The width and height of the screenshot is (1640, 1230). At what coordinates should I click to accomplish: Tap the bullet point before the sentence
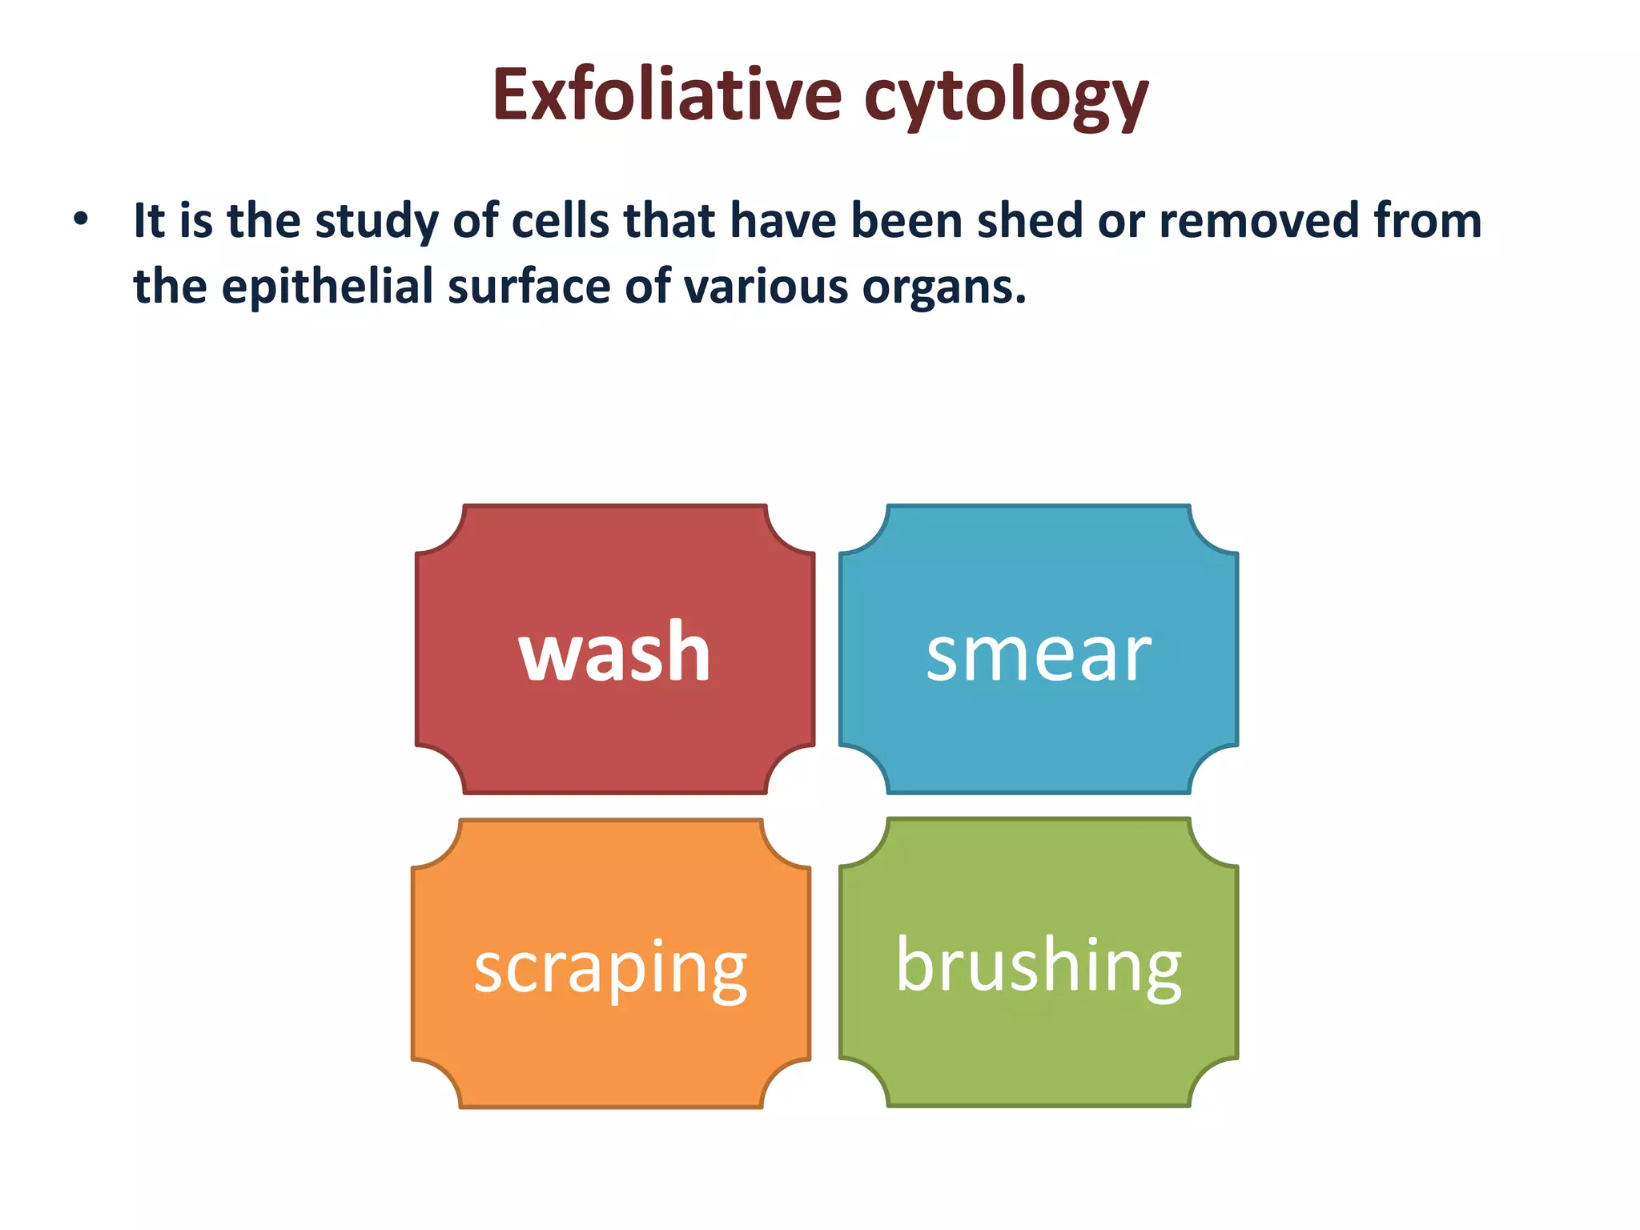[x=80, y=219]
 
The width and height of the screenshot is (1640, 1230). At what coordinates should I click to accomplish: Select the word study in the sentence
[x=376, y=222]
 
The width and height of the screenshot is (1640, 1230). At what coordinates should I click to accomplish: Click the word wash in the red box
[x=614, y=652]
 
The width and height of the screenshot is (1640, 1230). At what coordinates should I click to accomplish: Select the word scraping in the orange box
[x=610, y=968]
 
